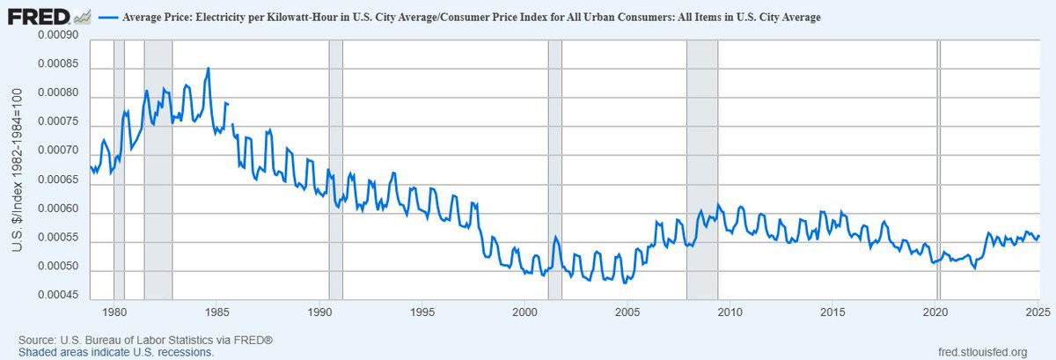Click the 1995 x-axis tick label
click(422, 312)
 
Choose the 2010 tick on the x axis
click(730, 312)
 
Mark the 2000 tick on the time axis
click(525, 312)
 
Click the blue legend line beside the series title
click(108, 17)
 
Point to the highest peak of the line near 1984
click(208, 69)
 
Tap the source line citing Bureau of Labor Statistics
click(145, 340)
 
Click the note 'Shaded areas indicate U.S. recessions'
click(115, 352)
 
